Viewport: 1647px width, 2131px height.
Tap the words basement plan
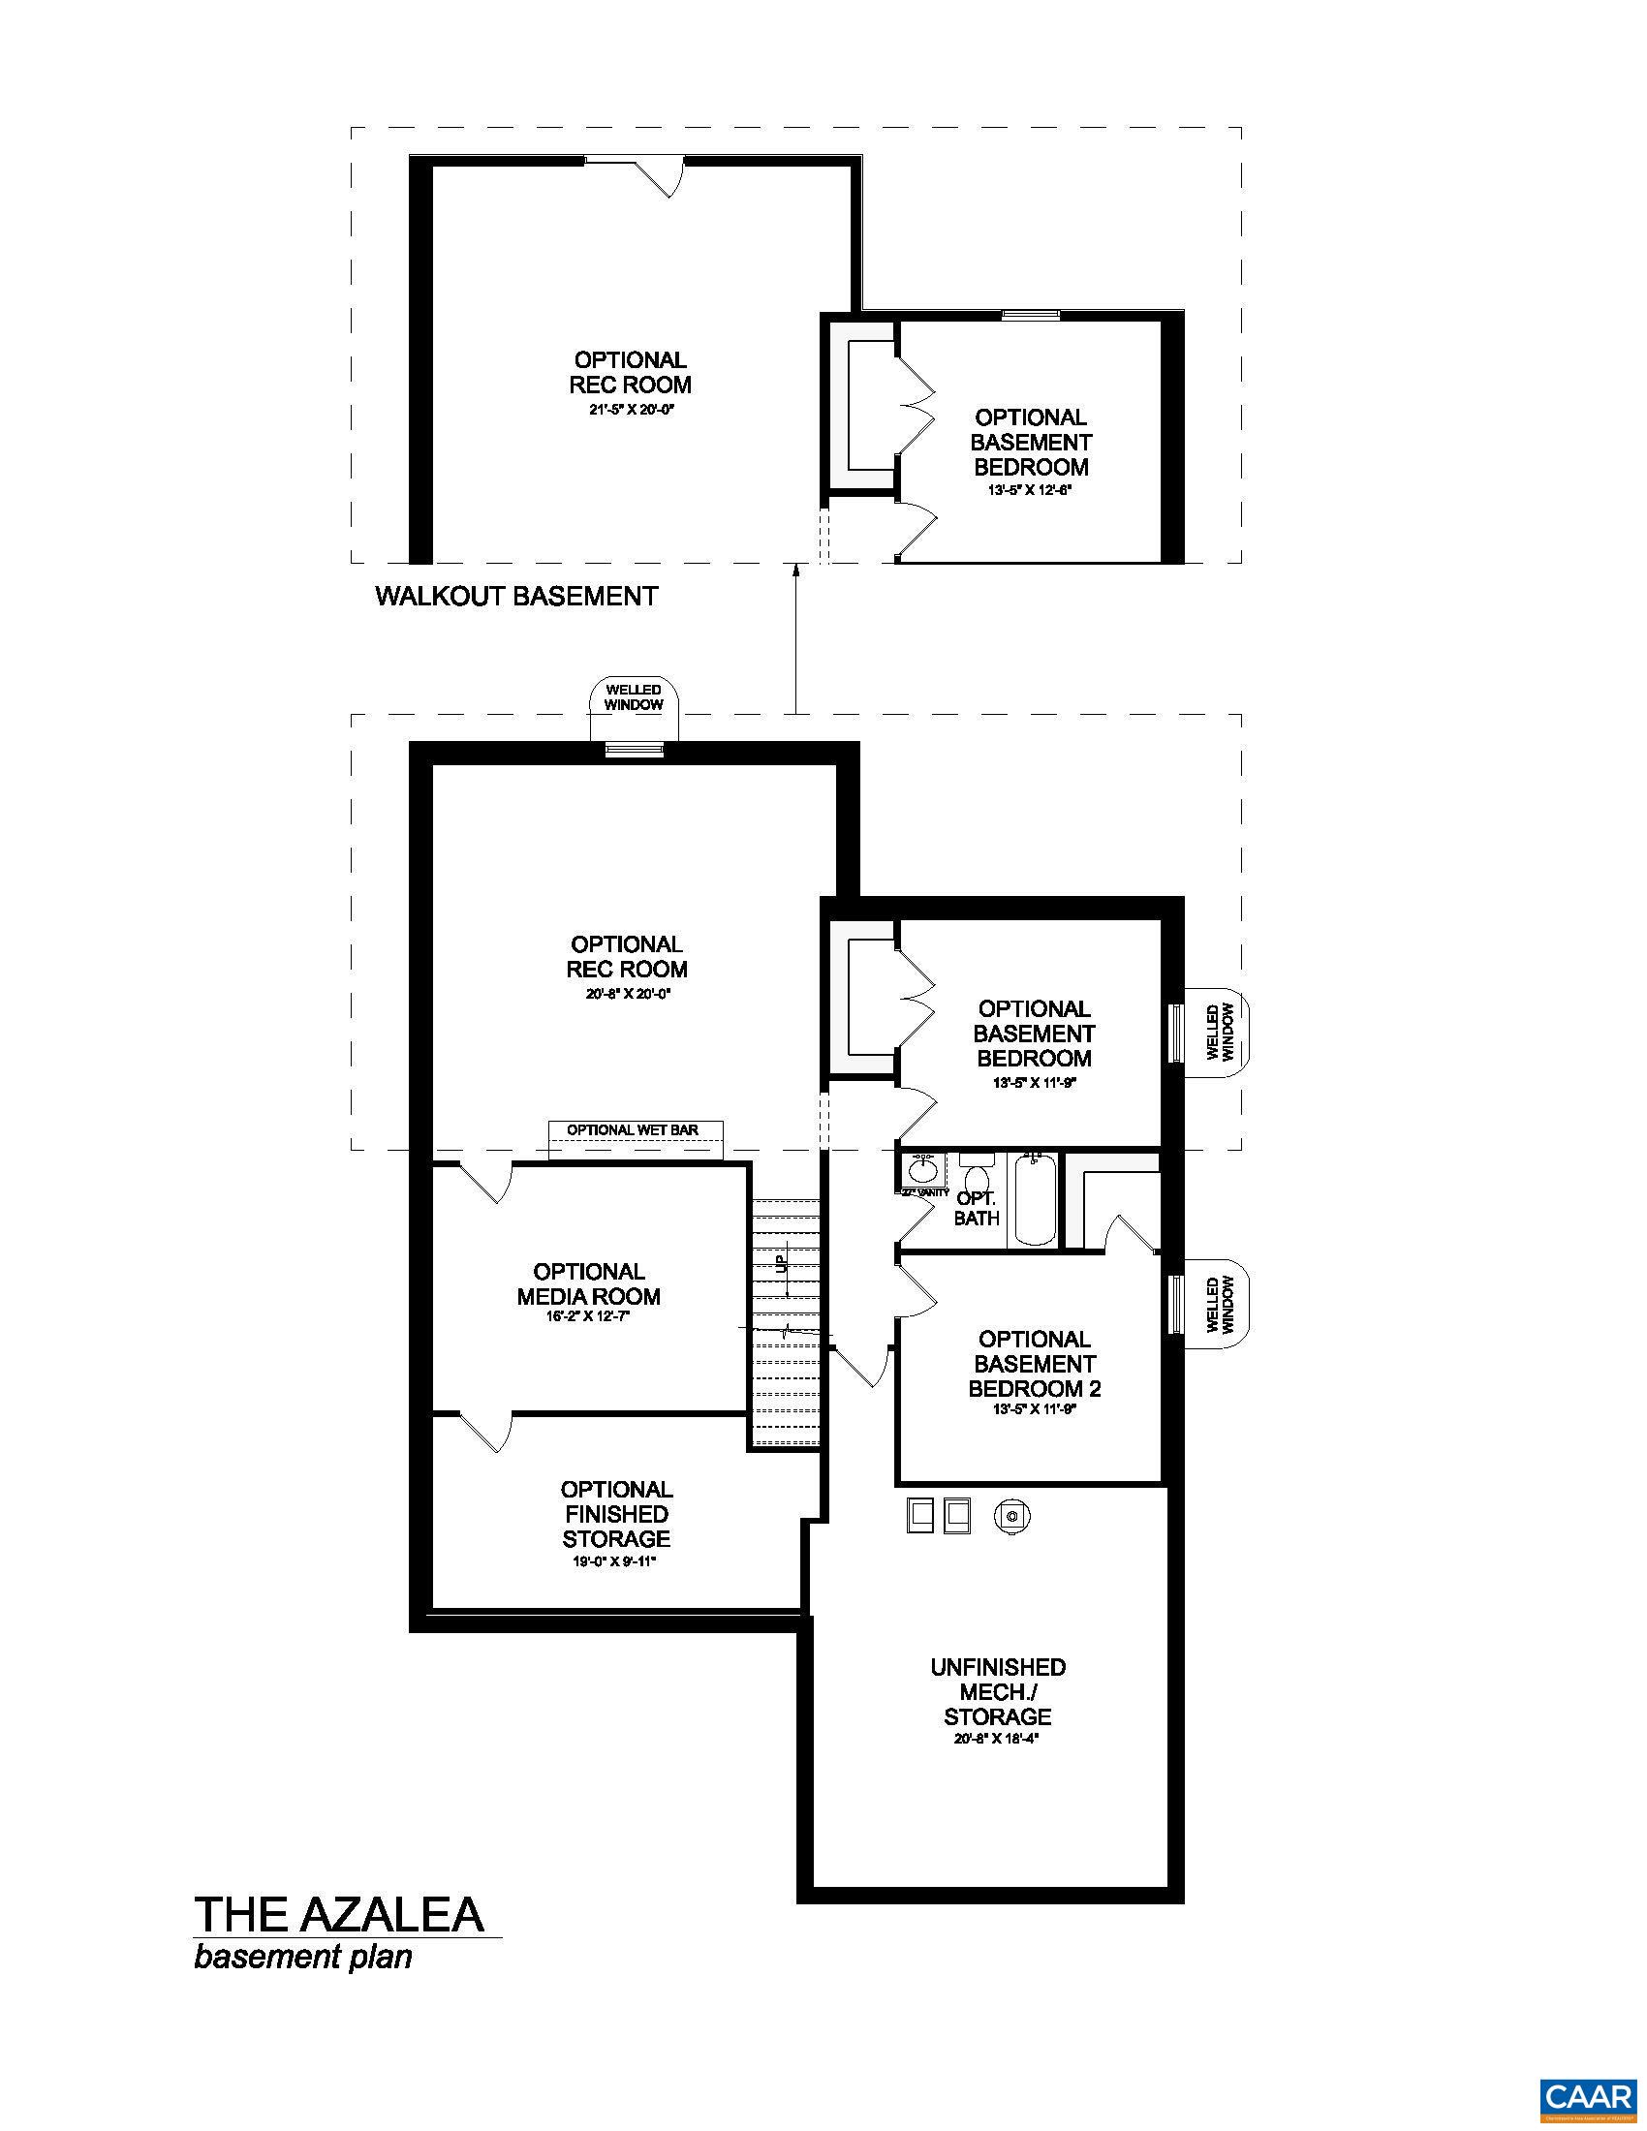coord(302,1957)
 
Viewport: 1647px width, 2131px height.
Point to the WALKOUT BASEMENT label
coord(516,596)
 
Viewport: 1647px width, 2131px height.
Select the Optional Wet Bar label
coord(634,1129)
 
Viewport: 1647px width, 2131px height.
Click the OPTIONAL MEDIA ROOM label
coord(588,1284)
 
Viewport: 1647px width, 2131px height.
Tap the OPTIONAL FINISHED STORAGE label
coord(616,1513)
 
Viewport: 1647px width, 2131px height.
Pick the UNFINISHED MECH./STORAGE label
coord(997,1692)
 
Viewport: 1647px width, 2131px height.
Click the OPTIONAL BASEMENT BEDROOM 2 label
coord(1035,1364)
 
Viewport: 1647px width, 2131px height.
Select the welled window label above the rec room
coord(634,697)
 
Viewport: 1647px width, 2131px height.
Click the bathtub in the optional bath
coord(1036,1200)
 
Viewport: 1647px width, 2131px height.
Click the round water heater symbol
coord(1012,1516)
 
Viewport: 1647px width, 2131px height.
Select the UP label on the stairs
coord(781,1264)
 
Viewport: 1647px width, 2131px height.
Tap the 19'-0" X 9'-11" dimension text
coord(615,1561)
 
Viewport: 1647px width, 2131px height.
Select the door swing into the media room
coord(485,1183)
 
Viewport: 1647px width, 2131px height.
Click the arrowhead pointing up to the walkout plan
coord(796,570)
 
